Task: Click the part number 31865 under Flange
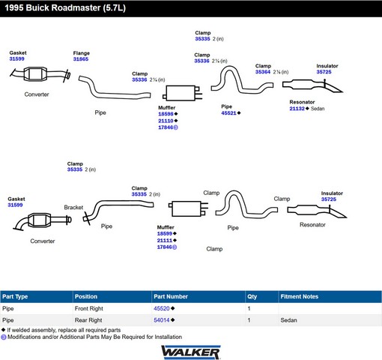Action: (81, 59)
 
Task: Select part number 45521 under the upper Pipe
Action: (228, 113)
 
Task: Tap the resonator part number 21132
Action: (297, 109)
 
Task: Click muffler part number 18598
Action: (166, 114)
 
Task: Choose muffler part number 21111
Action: (165, 240)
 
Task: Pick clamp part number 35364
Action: (263, 72)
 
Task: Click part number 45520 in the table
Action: (162, 308)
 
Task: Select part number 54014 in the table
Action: (162, 320)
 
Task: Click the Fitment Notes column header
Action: (300, 296)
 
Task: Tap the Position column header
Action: (86, 296)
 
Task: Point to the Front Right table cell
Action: (89, 308)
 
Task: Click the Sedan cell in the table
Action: (288, 320)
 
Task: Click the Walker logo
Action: (191, 352)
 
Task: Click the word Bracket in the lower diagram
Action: (73, 207)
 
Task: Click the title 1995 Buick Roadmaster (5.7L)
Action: (65, 7)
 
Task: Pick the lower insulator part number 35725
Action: (329, 199)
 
